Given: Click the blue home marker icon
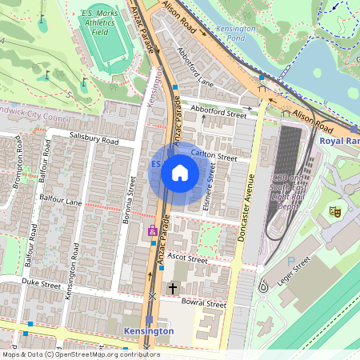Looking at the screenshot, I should pyautogui.click(x=180, y=173).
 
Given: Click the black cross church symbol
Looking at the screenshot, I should pyautogui.click(x=172, y=287).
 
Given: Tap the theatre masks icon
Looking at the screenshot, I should pyautogui.click(x=335, y=210).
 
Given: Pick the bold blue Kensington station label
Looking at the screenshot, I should pyautogui.click(x=149, y=330).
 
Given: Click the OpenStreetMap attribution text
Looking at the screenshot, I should pyautogui.click(x=80, y=354).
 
